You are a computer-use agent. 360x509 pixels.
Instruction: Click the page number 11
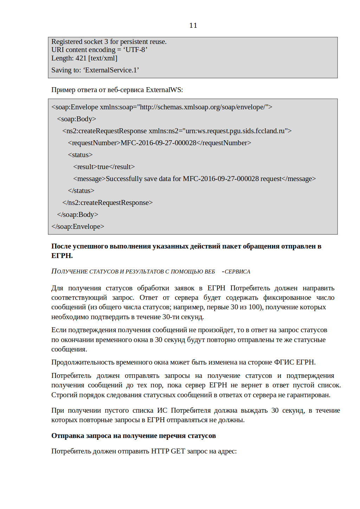click(x=193, y=25)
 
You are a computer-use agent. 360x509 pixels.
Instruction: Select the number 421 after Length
click(x=81, y=58)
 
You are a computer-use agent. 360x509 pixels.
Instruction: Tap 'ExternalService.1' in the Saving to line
click(x=111, y=70)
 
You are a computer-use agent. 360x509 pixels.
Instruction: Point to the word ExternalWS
click(x=163, y=90)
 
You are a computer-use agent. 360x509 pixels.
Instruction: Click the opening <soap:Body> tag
click(x=77, y=119)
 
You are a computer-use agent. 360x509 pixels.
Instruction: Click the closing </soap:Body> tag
click(x=78, y=215)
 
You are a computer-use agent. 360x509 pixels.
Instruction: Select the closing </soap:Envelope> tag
click(x=78, y=227)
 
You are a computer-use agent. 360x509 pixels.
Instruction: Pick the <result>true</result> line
click(x=104, y=167)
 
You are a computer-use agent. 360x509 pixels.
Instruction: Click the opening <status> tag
click(x=80, y=155)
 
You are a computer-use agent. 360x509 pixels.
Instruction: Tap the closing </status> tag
click(x=81, y=191)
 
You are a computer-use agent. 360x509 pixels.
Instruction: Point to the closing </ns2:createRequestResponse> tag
click(x=108, y=203)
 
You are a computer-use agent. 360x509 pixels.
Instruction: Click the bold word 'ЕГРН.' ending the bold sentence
click(x=62, y=256)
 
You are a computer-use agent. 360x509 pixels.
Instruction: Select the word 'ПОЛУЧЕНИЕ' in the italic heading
click(x=69, y=271)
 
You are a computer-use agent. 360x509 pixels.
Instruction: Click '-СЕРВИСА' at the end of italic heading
click(x=236, y=272)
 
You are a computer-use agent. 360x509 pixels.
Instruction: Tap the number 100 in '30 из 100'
click(x=254, y=307)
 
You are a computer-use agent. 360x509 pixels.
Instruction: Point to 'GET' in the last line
click(x=178, y=451)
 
